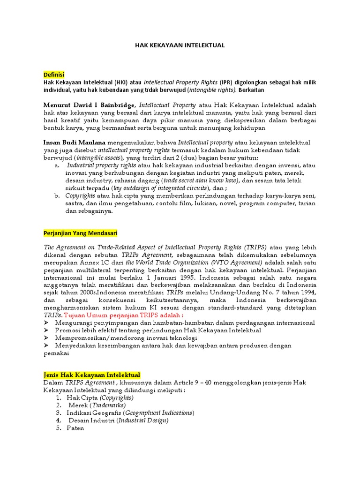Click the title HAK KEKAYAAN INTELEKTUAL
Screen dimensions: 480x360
point(180,45)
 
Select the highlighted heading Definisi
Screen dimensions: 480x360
point(53,75)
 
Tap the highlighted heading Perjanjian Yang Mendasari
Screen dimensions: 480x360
point(80,233)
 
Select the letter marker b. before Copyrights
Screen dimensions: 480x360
point(57,195)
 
